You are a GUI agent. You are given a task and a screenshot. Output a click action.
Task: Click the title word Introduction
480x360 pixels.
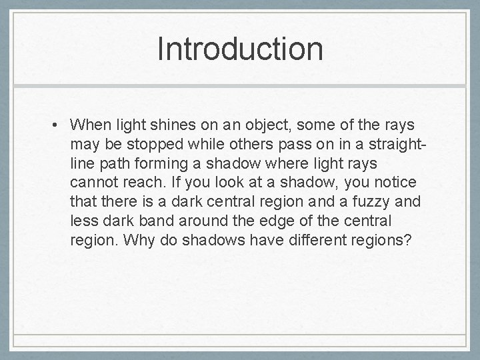pyautogui.click(x=240, y=49)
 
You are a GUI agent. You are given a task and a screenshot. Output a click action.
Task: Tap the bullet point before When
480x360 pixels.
pyautogui.click(x=60, y=125)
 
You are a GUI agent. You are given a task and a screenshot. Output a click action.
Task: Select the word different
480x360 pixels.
pyautogui.click(x=311, y=241)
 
